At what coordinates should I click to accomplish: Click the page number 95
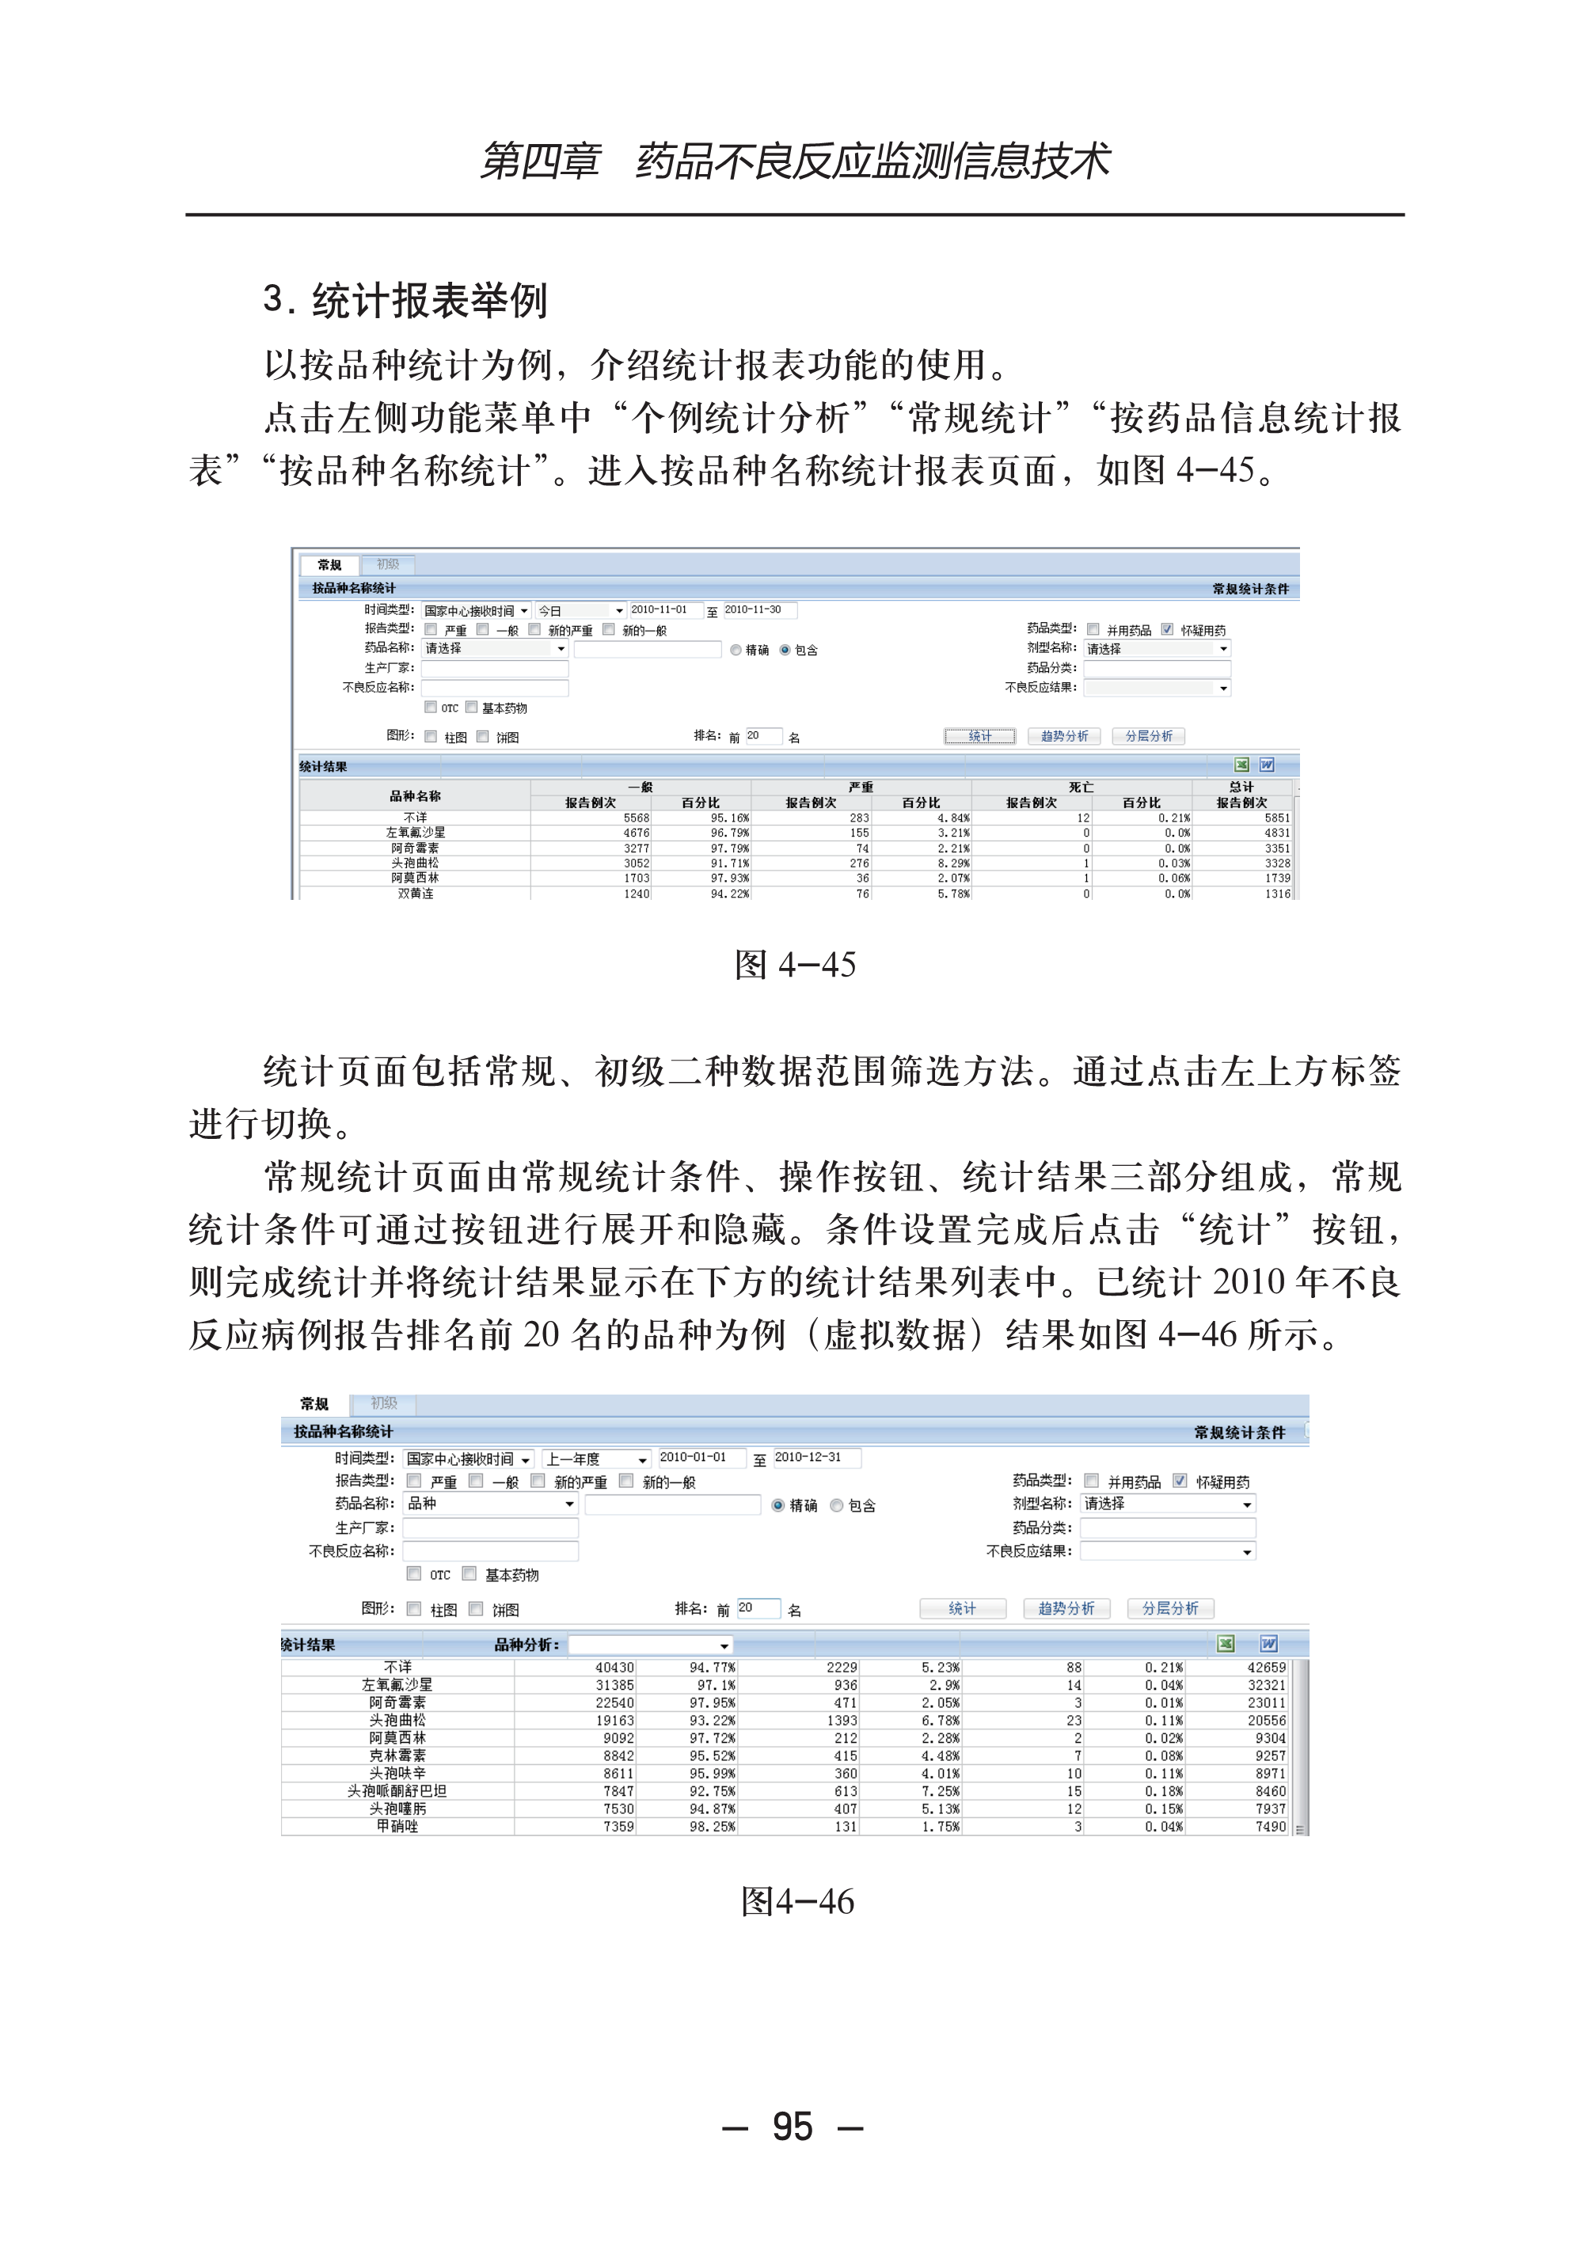coord(792,2127)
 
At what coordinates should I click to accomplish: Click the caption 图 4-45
coord(795,965)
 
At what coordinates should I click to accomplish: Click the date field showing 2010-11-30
coord(758,609)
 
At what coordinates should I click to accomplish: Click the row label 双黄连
coord(415,893)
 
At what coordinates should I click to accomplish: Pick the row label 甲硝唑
coord(397,1826)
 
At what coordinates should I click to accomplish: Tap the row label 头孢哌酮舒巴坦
coord(397,1791)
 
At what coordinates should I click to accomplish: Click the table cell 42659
coord(1266,1668)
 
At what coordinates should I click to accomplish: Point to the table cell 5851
coord(1277,818)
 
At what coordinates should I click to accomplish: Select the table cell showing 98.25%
coord(713,1826)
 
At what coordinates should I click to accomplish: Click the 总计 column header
coord(1241,788)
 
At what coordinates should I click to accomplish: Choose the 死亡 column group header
coord(1080,788)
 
